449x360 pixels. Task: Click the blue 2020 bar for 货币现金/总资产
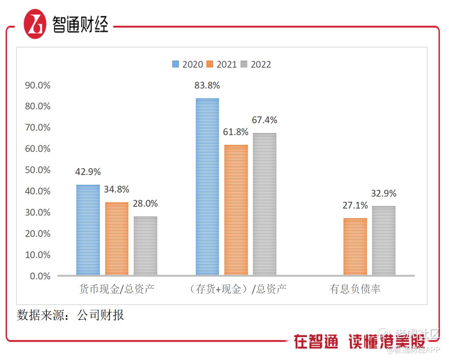88,230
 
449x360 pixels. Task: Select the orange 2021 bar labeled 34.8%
116,238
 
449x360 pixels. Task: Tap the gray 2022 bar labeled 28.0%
145,246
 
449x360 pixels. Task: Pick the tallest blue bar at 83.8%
207,187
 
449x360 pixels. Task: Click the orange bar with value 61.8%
236,210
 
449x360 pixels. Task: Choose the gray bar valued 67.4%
264,204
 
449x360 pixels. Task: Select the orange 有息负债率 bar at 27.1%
355,246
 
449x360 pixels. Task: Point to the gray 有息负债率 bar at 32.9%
384,240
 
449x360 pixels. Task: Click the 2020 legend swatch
176,64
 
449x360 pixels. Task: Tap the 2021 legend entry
222,64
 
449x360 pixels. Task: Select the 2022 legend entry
256,64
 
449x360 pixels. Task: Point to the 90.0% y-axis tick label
38,86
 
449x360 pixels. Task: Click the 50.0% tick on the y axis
38,170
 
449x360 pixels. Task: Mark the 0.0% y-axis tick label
40,276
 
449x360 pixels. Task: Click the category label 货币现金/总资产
116,289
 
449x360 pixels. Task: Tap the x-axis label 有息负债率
355,289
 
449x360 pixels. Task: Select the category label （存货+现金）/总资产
237,289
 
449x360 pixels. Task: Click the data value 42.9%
88,172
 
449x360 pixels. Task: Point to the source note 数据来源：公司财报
70,315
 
